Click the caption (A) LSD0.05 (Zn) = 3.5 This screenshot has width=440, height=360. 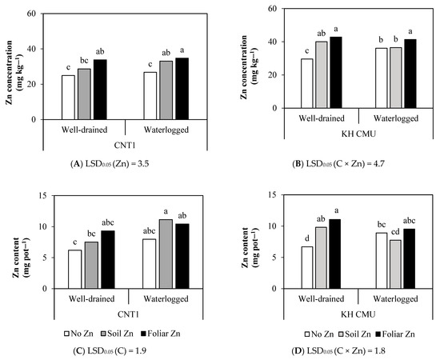(100, 164)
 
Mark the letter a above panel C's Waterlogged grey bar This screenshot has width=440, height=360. (164, 211)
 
